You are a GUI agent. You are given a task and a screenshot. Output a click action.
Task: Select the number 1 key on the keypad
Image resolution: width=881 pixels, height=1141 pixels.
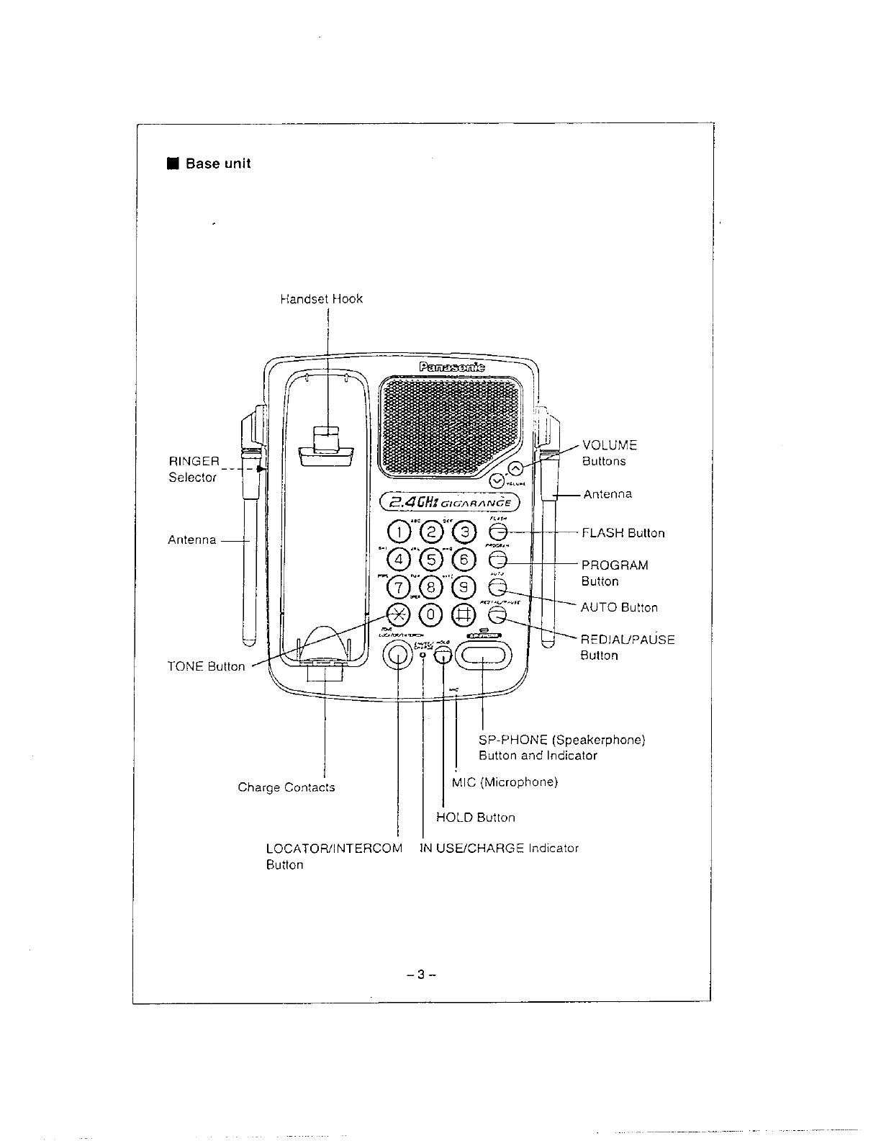398,532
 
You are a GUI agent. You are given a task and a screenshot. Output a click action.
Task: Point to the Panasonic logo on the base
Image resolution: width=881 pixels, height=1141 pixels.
451,367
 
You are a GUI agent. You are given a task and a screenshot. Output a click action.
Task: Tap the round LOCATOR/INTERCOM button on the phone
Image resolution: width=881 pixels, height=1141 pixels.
397,654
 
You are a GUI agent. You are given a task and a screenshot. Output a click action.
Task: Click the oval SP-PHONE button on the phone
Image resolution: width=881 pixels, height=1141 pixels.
482,654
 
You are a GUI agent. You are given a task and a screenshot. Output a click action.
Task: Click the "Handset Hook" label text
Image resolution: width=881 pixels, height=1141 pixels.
321,299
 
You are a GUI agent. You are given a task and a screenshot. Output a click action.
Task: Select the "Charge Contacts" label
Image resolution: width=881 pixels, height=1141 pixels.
286,787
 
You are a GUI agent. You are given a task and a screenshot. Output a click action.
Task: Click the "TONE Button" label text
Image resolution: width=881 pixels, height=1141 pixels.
206,666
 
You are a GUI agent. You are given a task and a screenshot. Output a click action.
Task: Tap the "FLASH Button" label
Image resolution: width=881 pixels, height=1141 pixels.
623,533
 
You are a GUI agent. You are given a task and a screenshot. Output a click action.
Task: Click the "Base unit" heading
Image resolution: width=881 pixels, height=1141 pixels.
217,164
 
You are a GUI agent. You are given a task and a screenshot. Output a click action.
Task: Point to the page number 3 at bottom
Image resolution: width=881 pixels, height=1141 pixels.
422,976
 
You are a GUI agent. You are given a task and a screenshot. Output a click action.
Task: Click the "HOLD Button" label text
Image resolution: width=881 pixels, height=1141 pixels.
476,818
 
